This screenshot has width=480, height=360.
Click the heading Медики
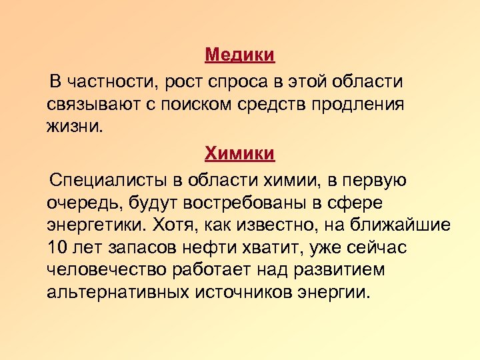[239, 55]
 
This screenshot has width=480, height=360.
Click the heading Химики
[239, 153]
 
